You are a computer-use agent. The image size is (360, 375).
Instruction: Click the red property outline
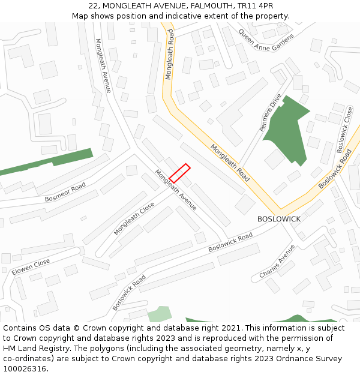pos(179,173)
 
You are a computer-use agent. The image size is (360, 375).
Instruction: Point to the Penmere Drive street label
pos(270,112)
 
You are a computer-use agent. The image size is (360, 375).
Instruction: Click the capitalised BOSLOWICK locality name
pos(279,219)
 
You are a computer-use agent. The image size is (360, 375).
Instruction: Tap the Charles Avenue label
pos(277,261)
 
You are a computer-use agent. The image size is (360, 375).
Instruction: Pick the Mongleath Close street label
pos(134,218)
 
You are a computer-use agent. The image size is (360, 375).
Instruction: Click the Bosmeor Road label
pos(65,193)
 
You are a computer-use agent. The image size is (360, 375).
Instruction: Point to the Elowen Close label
pos(31,268)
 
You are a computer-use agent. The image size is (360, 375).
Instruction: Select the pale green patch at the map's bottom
pos(159,314)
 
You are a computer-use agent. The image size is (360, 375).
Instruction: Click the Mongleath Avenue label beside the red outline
pos(176,190)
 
